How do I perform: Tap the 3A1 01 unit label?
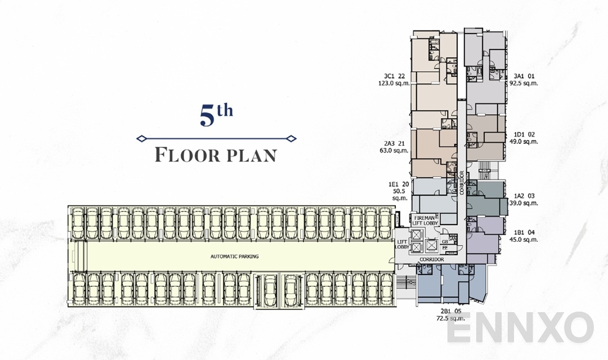(x=524, y=76)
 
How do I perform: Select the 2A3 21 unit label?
(x=394, y=143)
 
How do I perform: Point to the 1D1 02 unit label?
(x=524, y=134)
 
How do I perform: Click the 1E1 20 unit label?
(x=398, y=183)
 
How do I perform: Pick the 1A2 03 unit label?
(x=524, y=196)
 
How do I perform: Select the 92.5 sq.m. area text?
(x=524, y=83)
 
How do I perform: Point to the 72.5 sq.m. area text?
(x=450, y=318)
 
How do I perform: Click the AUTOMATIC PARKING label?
(x=234, y=256)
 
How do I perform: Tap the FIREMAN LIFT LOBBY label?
(x=426, y=220)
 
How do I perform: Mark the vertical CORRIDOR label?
(x=462, y=183)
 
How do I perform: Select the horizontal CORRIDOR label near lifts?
(x=432, y=259)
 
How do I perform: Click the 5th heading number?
(x=216, y=115)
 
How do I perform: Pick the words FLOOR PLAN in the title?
(x=216, y=155)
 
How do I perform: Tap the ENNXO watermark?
(x=520, y=328)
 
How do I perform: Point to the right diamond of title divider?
(x=290, y=138)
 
